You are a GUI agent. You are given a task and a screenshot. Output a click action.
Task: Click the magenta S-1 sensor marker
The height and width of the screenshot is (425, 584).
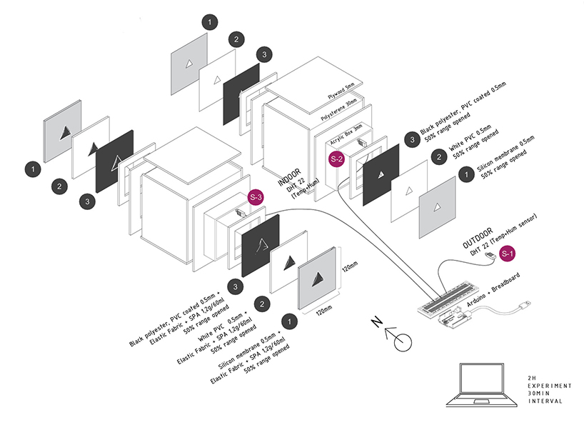[x=507, y=252]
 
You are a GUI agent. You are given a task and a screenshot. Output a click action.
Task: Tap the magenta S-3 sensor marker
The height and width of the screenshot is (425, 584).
[x=256, y=197]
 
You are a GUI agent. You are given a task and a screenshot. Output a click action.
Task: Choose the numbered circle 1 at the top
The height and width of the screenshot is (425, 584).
[x=210, y=23]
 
